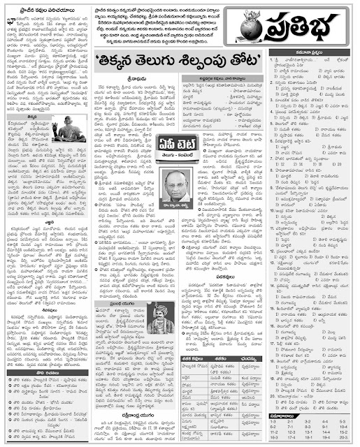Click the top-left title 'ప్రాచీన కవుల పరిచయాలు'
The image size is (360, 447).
point(38,8)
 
